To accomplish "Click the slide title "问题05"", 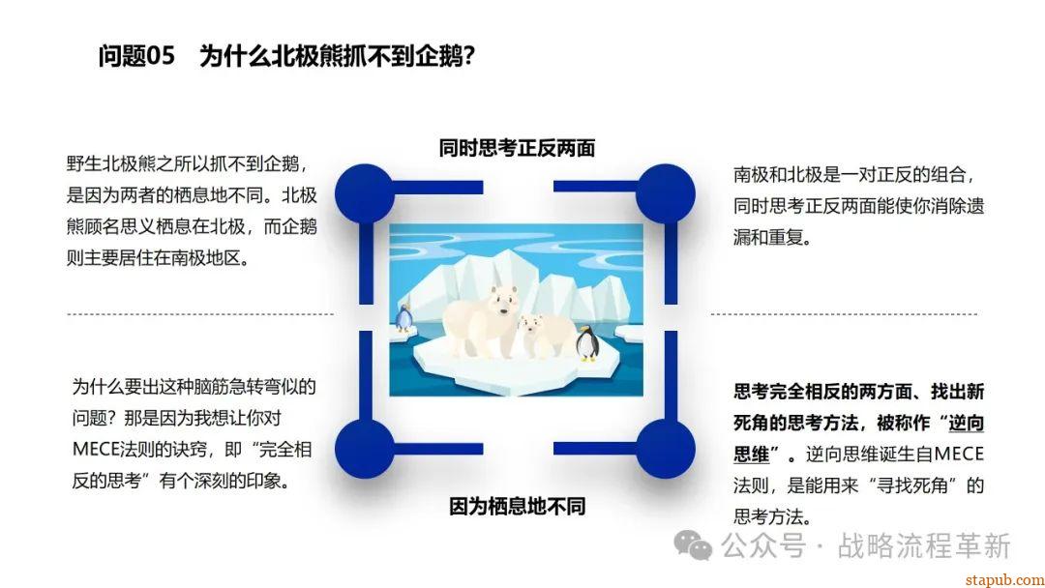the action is (x=136, y=55).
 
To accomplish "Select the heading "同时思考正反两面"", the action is (x=517, y=148).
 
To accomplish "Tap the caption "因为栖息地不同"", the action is (x=517, y=507).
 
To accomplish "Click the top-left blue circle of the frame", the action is (x=365, y=193).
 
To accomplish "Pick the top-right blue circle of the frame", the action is (x=665, y=193).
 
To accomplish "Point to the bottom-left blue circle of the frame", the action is (x=365, y=449).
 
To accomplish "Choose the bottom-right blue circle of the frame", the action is (x=665, y=449).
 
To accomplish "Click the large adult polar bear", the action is (x=479, y=320).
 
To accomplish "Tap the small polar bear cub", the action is (x=543, y=337).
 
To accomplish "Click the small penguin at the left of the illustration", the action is (x=403, y=318).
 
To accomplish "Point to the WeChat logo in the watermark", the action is (x=693, y=545).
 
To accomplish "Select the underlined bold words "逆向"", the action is (x=967, y=423).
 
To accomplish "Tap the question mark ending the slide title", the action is (x=469, y=56).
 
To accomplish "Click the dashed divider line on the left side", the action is (x=200, y=313).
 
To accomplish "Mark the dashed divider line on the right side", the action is (x=845, y=313).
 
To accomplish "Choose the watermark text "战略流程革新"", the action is (x=924, y=546).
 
